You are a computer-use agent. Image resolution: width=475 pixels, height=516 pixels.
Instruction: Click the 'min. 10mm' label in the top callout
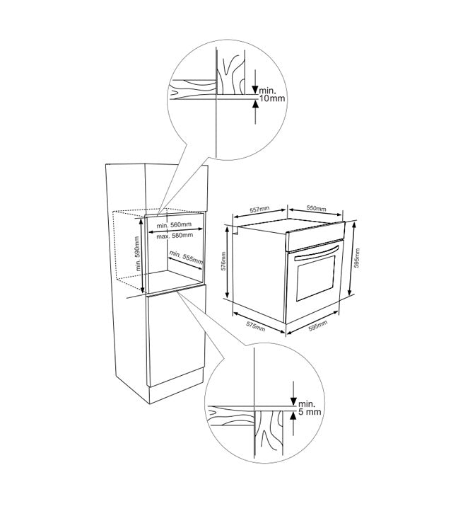coord(272,94)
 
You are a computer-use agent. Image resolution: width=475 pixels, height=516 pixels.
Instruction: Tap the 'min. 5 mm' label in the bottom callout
coord(309,408)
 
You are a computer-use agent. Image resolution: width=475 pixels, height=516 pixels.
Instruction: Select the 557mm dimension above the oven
coord(259,209)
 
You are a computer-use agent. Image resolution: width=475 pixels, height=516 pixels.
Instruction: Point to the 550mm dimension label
coord(316,208)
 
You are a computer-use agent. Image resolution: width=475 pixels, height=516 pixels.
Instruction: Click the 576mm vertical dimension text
coord(223,261)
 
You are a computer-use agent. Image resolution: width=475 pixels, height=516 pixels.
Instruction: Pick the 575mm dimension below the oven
coord(255,327)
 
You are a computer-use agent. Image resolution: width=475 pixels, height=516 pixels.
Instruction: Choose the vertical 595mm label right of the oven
coord(358,258)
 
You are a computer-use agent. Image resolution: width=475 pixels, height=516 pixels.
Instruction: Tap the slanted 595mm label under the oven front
coord(318,327)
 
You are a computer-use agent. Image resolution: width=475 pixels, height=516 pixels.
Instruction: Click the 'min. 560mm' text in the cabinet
coord(174,225)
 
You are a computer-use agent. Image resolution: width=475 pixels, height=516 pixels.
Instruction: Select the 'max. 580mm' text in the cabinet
coord(175,236)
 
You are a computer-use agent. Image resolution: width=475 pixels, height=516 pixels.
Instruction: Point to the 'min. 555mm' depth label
coord(186,258)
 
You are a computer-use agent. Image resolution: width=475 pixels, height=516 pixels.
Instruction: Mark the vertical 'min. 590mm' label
coord(138,253)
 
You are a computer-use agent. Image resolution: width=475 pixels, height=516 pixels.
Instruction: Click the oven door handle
coord(316,253)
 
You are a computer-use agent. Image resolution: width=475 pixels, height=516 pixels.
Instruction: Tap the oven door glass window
coord(316,277)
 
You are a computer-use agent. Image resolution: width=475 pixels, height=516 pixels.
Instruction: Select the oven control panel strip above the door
coord(315,236)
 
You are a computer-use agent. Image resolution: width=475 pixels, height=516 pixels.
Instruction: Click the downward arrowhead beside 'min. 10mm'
coord(255,89)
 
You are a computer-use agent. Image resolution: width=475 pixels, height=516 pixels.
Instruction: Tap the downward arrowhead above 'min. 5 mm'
coord(293,401)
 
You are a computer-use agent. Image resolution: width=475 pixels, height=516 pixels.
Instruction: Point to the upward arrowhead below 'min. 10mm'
coord(255,103)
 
